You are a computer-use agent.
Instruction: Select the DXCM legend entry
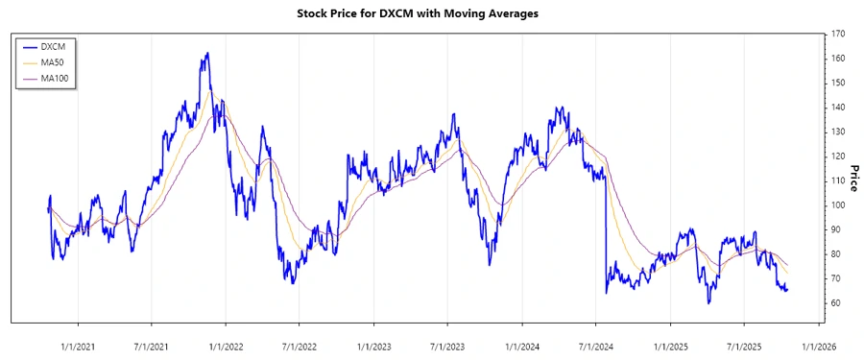(x=59, y=46)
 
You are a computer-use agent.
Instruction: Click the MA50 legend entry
(x=59, y=62)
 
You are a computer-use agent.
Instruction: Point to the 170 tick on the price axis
(x=838, y=34)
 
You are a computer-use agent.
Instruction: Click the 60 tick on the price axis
(x=836, y=303)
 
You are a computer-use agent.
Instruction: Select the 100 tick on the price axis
(x=838, y=205)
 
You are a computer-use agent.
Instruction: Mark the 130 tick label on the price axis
(x=838, y=132)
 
